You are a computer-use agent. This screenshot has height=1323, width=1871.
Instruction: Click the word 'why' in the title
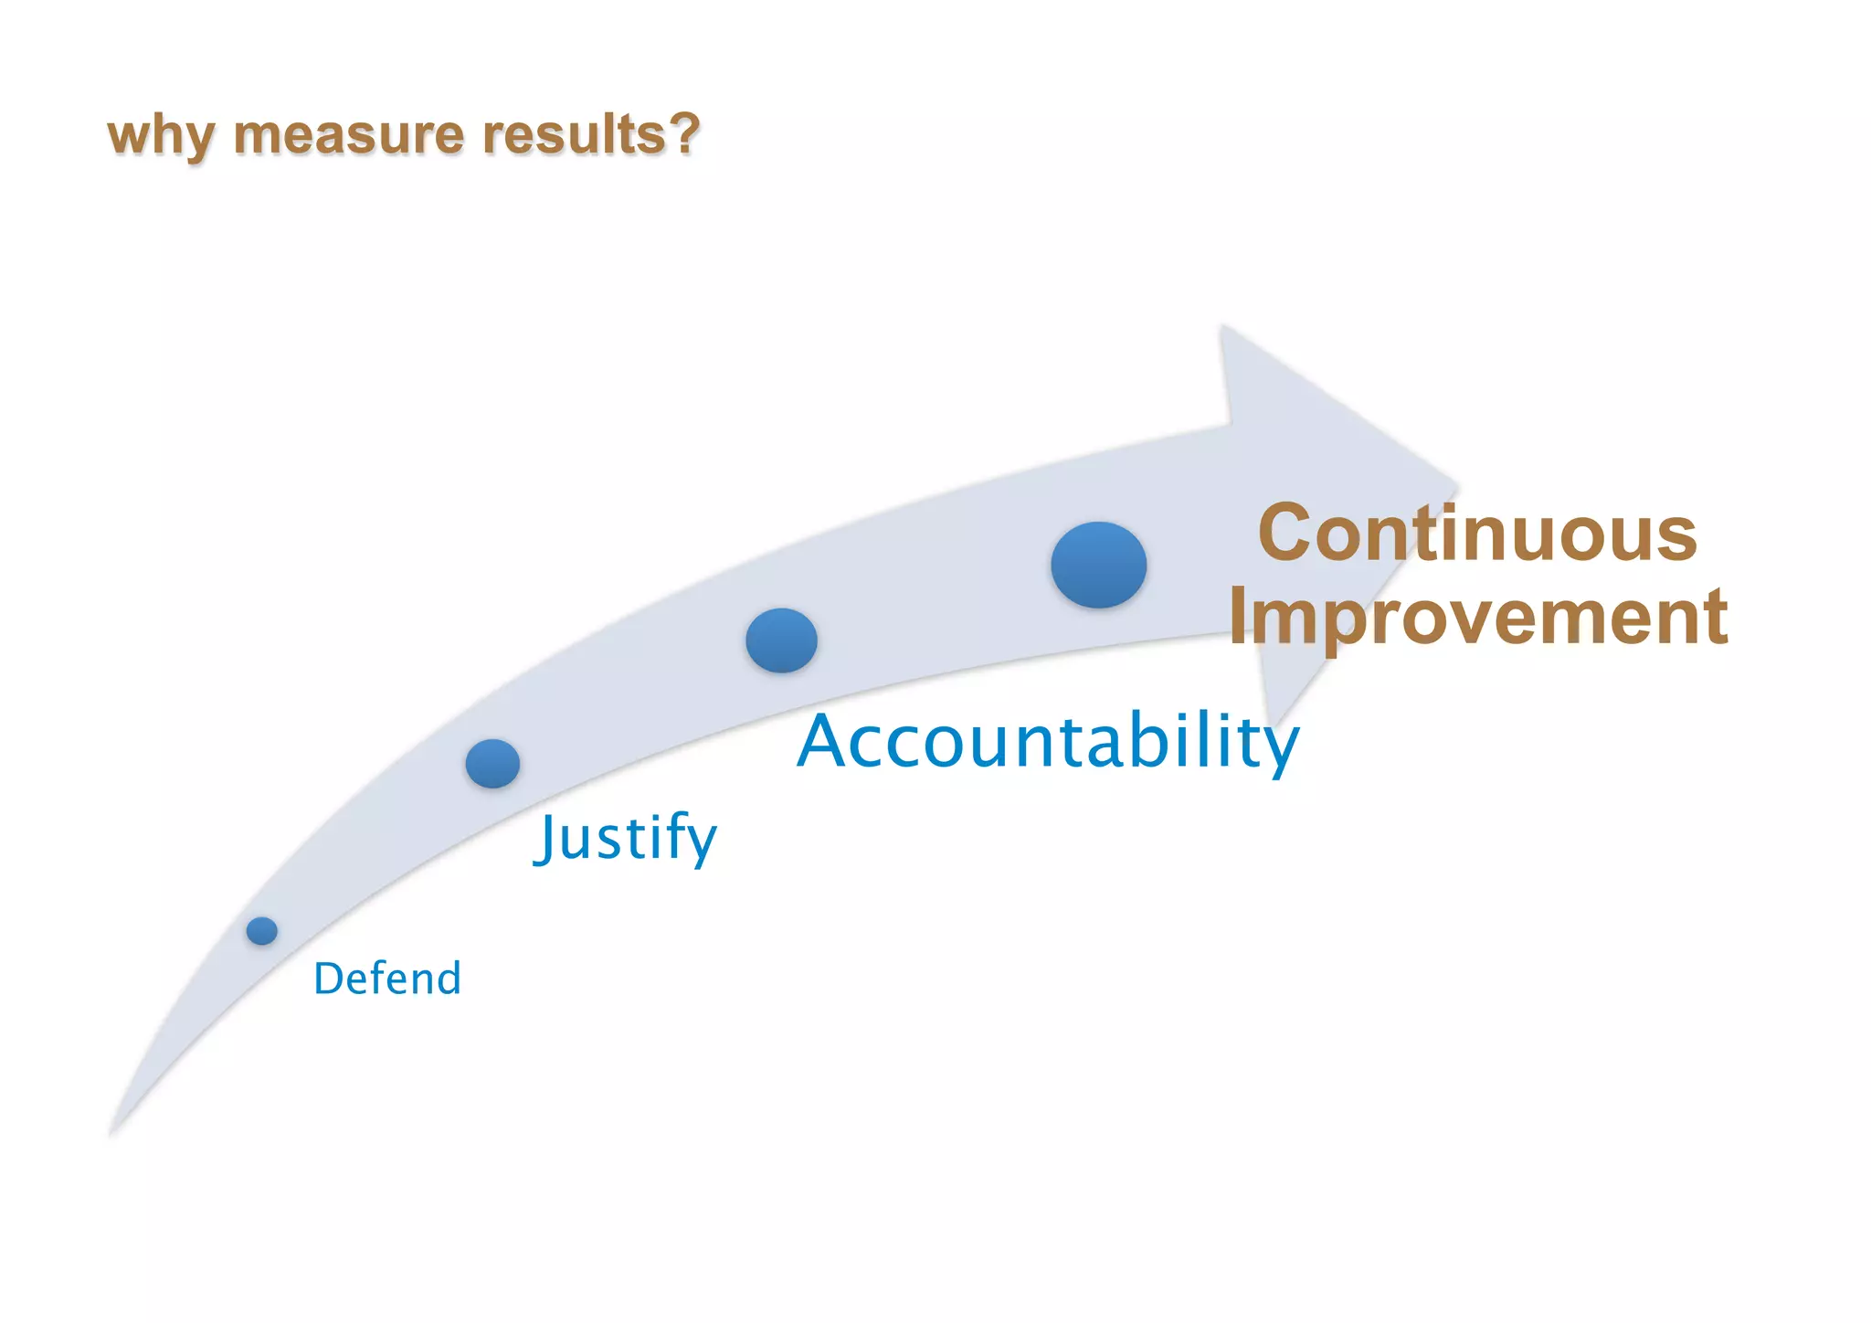coord(161,135)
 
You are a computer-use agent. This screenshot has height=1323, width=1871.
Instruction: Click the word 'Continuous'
coord(1477,534)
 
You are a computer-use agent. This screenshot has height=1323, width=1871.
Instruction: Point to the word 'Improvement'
coord(1477,617)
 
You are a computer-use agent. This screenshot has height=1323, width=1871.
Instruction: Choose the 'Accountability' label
coord(1048,741)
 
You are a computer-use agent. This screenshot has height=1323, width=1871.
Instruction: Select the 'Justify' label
coord(626,837)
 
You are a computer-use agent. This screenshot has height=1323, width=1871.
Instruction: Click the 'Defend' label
coord(387,979)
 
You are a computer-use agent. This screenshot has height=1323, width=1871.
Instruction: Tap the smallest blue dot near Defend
coord(262,931)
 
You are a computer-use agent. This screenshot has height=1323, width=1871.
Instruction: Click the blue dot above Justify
coord(492,763)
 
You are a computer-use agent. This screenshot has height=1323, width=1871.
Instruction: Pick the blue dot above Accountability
coord(781,640)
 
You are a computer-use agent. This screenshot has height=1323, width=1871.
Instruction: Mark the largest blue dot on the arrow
coord(1098,565)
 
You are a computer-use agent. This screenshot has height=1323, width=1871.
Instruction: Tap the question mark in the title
coord(683,133)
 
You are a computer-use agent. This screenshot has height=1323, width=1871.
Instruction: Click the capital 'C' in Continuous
coord(1285,534)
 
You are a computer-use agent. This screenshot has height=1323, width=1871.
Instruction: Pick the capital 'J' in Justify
coord(546,837)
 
